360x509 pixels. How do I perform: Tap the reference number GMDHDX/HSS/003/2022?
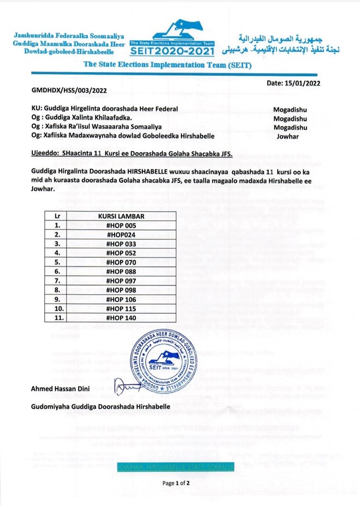pos(68,93)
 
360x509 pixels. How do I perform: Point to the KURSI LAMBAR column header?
pos(121,216)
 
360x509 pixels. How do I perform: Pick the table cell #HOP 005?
pos(121,225)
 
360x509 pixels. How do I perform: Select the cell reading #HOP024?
pos(121,234)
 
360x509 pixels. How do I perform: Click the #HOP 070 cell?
pos(121,262)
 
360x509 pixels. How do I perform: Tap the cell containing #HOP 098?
pos(121,290)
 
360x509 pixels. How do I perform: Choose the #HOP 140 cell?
pos(121,318)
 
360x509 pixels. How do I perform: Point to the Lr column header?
pos(57,216)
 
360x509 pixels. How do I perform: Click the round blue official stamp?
pos(170,359)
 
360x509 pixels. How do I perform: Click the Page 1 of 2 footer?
pos(176,483)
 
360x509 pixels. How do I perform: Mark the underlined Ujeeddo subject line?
pos(129,155)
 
